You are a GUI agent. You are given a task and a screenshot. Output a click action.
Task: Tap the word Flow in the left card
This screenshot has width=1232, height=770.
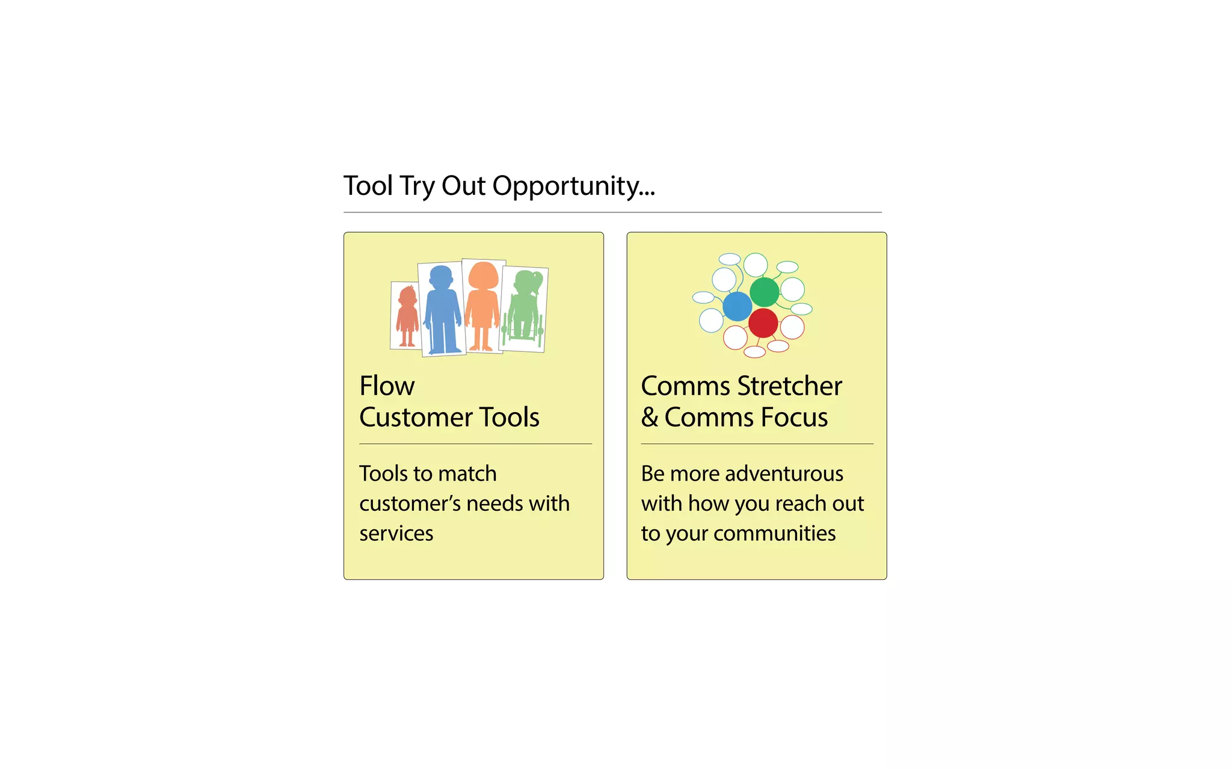point(387,386)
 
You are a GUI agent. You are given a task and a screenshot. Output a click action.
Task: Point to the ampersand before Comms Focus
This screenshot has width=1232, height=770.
point(650,417)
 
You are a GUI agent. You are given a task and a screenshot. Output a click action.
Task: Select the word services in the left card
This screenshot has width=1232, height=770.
point(396,534)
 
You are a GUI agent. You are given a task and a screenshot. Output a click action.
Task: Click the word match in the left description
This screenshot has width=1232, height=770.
point(467,474)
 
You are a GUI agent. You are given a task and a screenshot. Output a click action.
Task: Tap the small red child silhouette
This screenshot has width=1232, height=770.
point(408,317)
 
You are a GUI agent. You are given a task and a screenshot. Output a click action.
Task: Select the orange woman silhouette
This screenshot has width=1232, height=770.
point(482,307)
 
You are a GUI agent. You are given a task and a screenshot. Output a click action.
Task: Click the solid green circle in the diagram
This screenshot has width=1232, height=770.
point(765,292)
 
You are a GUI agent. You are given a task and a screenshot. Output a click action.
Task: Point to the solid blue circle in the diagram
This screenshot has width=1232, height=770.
point(737,306)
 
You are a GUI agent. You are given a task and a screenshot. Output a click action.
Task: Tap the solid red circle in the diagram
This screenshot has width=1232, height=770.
point(763,323)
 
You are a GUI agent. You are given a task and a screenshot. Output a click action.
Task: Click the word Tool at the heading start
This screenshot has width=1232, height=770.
point(368,186)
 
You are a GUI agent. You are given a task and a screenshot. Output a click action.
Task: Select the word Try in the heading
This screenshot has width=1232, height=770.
point(417,186)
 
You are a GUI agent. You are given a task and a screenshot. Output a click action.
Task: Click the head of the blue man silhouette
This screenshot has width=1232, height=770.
point(441,277)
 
